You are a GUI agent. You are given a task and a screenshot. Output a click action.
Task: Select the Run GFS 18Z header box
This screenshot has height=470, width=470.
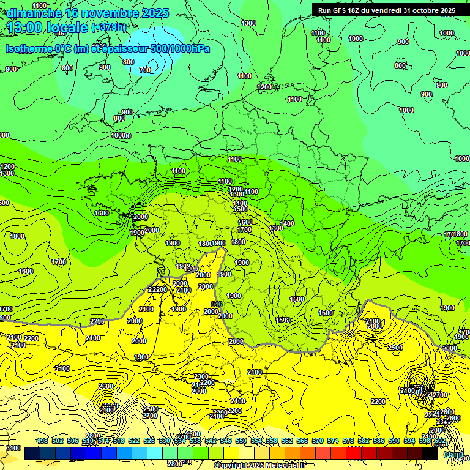386,10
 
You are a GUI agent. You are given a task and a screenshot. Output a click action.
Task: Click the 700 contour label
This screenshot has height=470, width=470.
145,70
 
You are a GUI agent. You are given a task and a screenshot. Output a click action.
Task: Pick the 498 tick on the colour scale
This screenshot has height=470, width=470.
42,441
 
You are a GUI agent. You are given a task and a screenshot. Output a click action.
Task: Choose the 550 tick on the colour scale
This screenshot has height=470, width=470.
241,441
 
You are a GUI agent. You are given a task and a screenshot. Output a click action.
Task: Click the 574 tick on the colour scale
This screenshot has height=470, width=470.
333,441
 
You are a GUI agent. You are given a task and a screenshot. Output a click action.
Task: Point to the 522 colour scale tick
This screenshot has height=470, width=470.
134,441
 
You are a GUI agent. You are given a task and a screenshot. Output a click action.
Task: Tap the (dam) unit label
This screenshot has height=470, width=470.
453,454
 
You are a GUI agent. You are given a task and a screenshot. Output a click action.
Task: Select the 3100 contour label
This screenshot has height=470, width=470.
12,449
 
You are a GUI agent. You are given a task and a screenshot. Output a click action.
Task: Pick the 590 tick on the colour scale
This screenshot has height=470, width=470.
394,441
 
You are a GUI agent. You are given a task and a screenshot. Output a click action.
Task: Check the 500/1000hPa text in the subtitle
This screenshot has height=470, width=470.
177,48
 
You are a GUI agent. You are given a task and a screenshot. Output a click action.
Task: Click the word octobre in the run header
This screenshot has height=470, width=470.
425,10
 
